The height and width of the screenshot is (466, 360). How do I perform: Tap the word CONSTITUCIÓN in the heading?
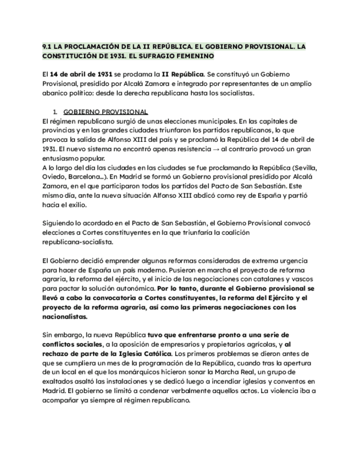(x=68, y=56)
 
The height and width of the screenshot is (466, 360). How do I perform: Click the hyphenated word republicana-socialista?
(x=77, y=242)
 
